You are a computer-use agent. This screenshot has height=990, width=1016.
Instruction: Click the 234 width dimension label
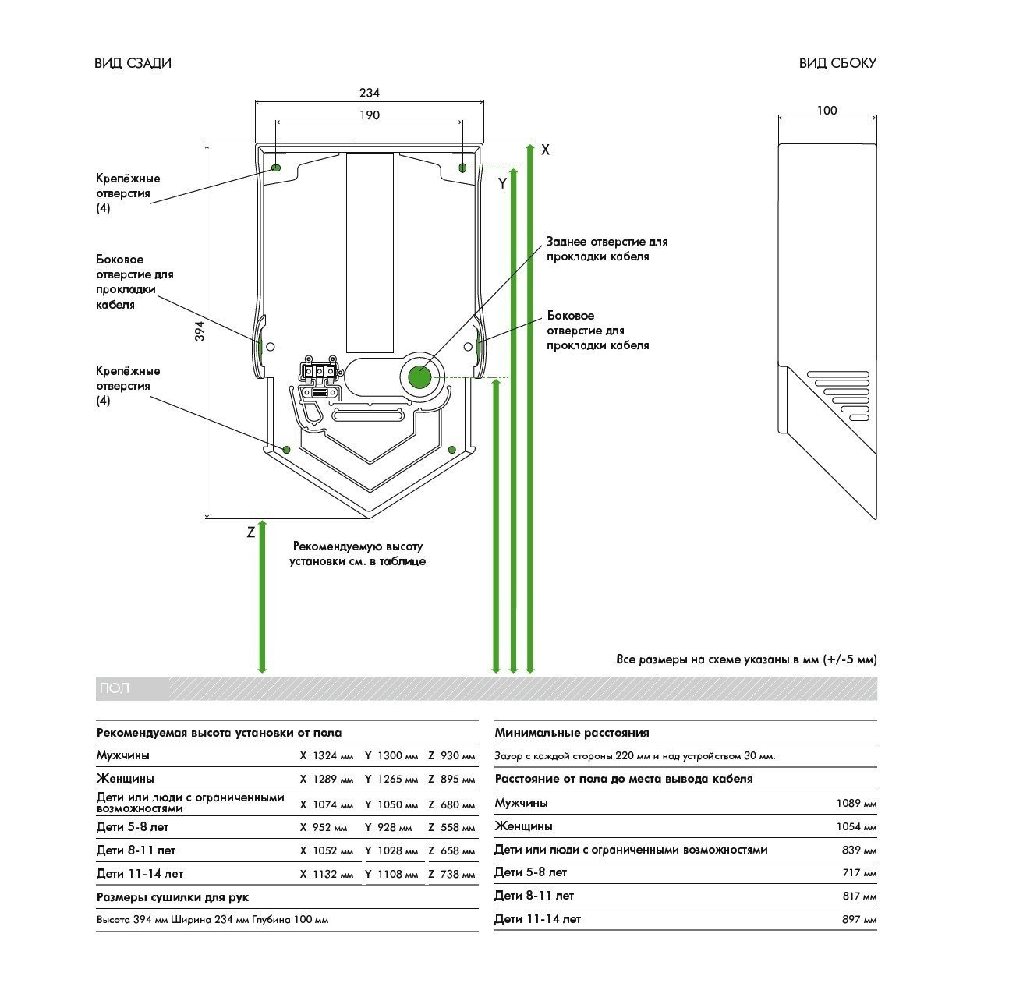point(370,93)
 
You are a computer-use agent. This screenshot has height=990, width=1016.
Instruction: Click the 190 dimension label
point(370,115)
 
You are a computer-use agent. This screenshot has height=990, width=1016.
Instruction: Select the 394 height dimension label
point(200,331)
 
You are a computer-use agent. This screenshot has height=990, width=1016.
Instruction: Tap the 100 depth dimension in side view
point(827,111)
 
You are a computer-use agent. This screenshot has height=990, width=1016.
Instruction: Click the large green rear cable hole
point(419,378)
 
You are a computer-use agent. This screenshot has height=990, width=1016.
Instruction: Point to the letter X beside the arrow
point(545,150)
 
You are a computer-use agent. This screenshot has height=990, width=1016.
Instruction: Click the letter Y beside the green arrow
point(503,184)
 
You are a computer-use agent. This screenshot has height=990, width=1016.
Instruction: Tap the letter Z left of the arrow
point(251,533)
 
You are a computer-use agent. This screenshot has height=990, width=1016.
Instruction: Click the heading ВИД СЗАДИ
point(133,63)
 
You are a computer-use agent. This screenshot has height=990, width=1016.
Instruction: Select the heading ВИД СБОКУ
point(837,63)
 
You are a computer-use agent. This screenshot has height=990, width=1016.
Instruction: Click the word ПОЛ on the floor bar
point(115,688)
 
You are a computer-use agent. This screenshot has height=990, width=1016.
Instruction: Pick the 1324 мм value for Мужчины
point(333,756)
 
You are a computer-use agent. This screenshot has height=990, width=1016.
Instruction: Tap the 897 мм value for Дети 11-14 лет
point(859,920)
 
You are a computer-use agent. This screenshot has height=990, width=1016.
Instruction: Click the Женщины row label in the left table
point(126,779)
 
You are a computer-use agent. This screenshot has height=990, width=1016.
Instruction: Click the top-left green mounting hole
point(277,168)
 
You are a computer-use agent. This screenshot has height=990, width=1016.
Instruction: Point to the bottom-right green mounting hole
point(452,449)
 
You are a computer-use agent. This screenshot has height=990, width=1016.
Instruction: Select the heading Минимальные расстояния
point(572,733)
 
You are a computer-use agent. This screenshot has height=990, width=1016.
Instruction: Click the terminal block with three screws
point(320,371)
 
